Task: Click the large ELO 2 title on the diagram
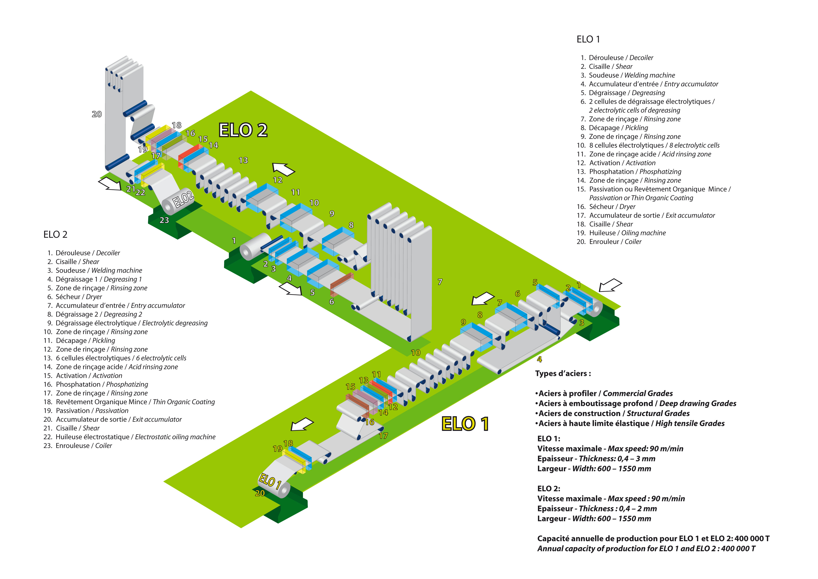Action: click(243, 130)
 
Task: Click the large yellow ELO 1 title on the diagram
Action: click(465, 424)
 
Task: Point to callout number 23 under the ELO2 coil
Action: click(164, 220)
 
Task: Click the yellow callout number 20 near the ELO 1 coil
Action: click(260, 493)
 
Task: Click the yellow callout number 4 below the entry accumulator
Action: click(539, 359)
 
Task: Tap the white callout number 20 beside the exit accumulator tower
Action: click(97, 114)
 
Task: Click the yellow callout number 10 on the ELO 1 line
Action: click(416, 353)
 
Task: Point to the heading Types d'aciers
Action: click(563, 374)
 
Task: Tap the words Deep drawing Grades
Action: click(698, 403)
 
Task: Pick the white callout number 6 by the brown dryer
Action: click(332, 302)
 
